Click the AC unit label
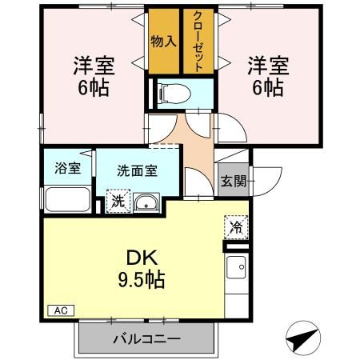[x=61, y=310]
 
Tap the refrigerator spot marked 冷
[x=236, y=227]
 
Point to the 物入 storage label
[x=163, y=41]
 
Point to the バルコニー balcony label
[x=146, y=338]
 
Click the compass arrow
[x=302, y=340]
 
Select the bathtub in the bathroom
[x=67, y=198]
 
